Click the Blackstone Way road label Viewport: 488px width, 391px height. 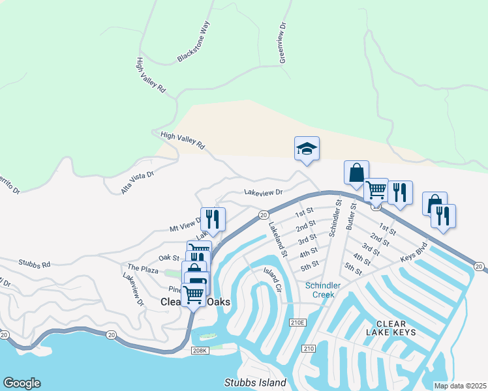194,42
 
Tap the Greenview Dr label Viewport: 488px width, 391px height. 283,42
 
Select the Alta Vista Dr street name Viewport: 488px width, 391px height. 137,182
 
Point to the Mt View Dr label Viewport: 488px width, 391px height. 187,225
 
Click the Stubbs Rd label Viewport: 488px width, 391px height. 35,265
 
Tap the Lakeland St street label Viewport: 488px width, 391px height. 278,239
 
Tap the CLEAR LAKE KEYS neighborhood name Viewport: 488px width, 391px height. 391,328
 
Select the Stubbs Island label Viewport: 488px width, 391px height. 255,383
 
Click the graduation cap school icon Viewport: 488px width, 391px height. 307,149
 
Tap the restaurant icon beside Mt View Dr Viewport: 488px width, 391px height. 213,218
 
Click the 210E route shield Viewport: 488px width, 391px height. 296,322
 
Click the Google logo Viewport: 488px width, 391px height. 22,383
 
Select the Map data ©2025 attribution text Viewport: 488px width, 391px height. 460,386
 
